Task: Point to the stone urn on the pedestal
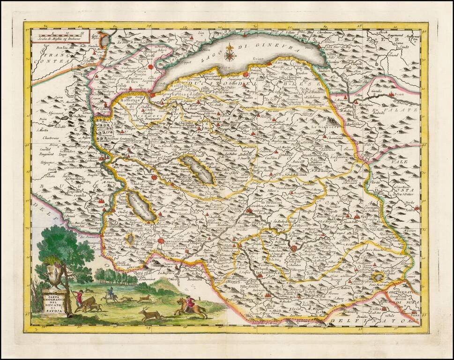(x=54, y=275)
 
